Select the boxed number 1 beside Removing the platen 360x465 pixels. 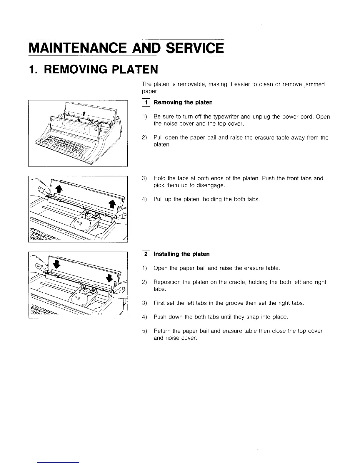(x=146, y=102)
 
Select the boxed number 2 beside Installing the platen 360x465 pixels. (x=146, y=254)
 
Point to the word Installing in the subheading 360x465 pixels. (x=166, y=254)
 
